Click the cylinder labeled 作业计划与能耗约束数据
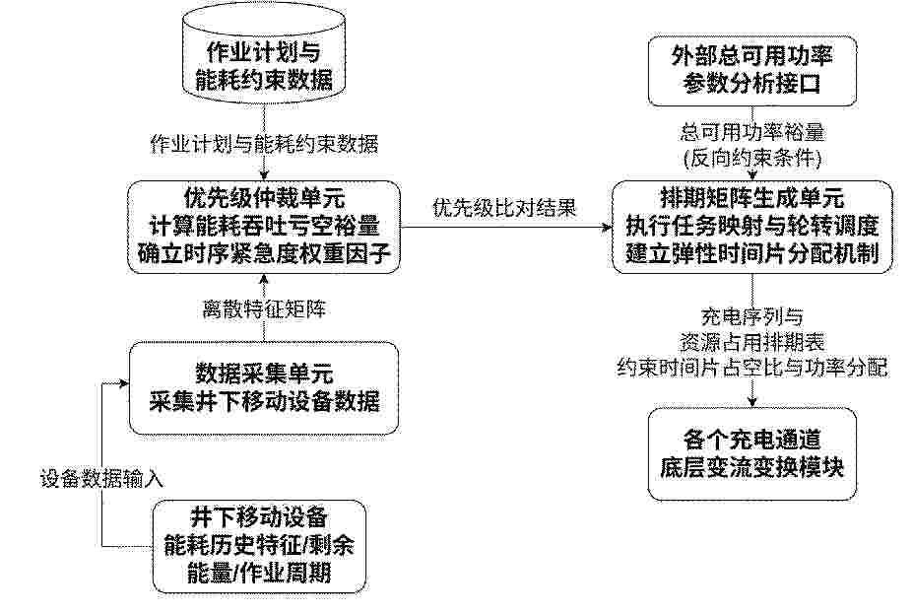click(x=264, y=57)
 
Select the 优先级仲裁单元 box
click(x=264, y=227)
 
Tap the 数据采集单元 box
click(x=264, y=388)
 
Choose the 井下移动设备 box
click(x=259, y=546)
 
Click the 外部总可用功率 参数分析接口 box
click(x=752, y=71)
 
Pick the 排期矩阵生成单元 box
click(x=752, y=227)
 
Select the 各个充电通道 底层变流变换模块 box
click(x=752, y=453)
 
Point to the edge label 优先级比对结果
click(x=504, y=208)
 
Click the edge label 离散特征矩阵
click(x=264, y=308)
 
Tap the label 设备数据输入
click(x=101, y=479)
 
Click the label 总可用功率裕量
click(x=752, y=132)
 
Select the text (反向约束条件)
click(x=752, y=158)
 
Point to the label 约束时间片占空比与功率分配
click(x=752, y=368)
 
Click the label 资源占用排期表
click(x=752, y=342)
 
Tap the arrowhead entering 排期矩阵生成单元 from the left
click(x=608, y=228)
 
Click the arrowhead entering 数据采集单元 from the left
click(x=124, y=383)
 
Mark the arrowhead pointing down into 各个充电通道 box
click(x=752, y=402)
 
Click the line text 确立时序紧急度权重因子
click(x=264, y=254)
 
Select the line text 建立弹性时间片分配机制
click(x=752, y=254)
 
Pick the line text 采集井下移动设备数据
click(x=264, y=402)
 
